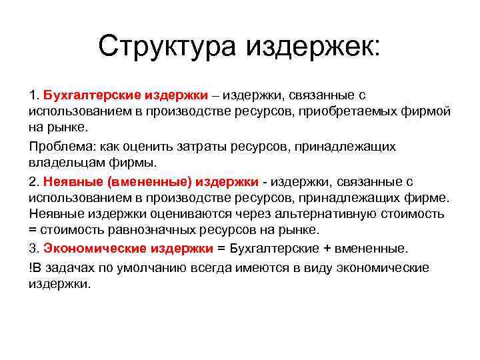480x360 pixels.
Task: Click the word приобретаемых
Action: pyautogui.click(x=359, y=111)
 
